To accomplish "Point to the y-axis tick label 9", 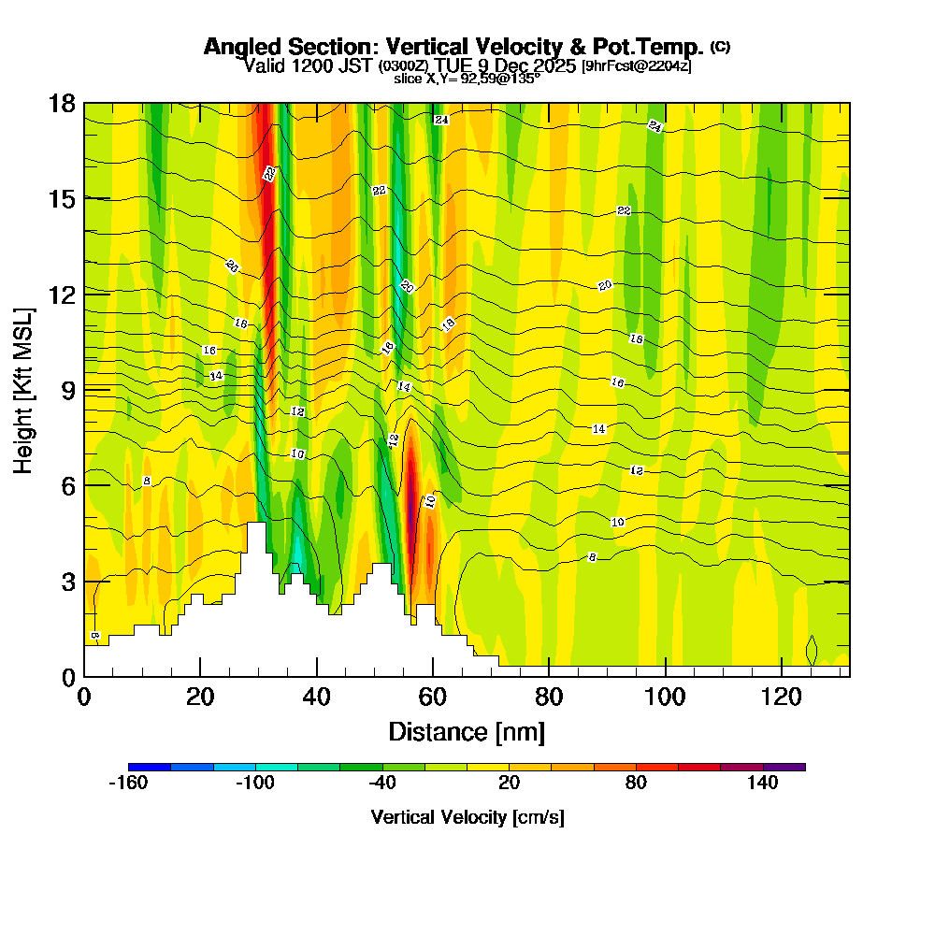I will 67,389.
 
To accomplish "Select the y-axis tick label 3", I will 67,581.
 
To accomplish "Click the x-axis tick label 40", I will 317,697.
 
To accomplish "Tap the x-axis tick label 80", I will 549,697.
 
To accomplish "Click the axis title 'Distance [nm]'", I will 467,731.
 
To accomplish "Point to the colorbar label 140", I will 763,784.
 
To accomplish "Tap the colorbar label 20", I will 509,784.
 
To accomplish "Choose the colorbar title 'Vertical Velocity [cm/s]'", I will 467,817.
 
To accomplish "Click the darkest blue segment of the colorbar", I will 150,767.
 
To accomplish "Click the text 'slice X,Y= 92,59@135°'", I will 467,79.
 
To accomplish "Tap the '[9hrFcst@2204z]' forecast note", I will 636,66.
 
